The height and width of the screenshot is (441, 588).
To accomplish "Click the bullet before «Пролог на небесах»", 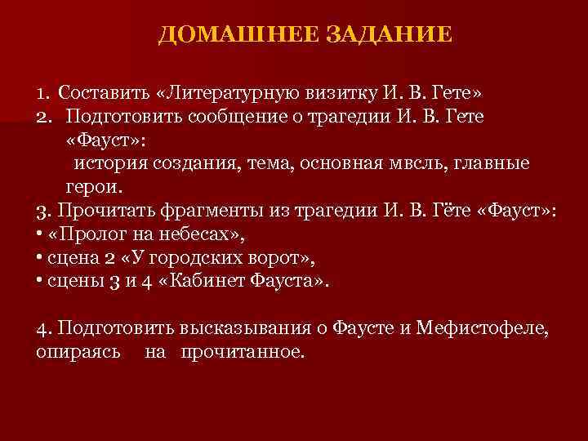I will (39, 234).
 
